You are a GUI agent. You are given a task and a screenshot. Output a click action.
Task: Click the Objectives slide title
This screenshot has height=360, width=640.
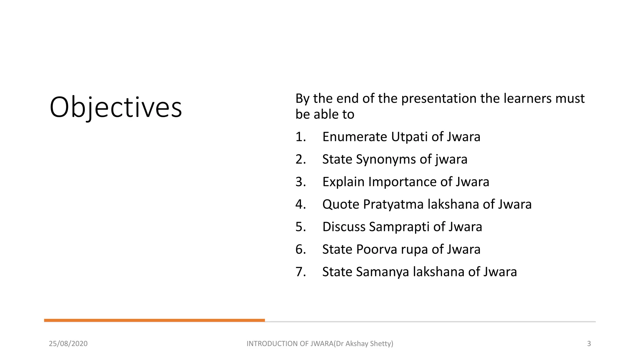[116, 107]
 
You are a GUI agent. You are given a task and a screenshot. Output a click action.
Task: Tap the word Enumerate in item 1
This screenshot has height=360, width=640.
[354, 137]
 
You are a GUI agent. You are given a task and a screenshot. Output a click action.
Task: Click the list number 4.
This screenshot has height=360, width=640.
[300, 204]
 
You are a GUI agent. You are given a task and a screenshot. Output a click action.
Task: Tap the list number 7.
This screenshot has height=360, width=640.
[300, 272]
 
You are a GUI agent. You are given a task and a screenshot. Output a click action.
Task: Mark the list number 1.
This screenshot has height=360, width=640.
[300, 137]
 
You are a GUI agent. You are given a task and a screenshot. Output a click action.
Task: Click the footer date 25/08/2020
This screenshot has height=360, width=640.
[68, 344]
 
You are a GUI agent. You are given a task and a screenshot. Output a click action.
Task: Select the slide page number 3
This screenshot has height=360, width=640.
[589, 344]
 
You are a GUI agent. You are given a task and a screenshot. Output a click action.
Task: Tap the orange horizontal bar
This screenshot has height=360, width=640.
[154, 320]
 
